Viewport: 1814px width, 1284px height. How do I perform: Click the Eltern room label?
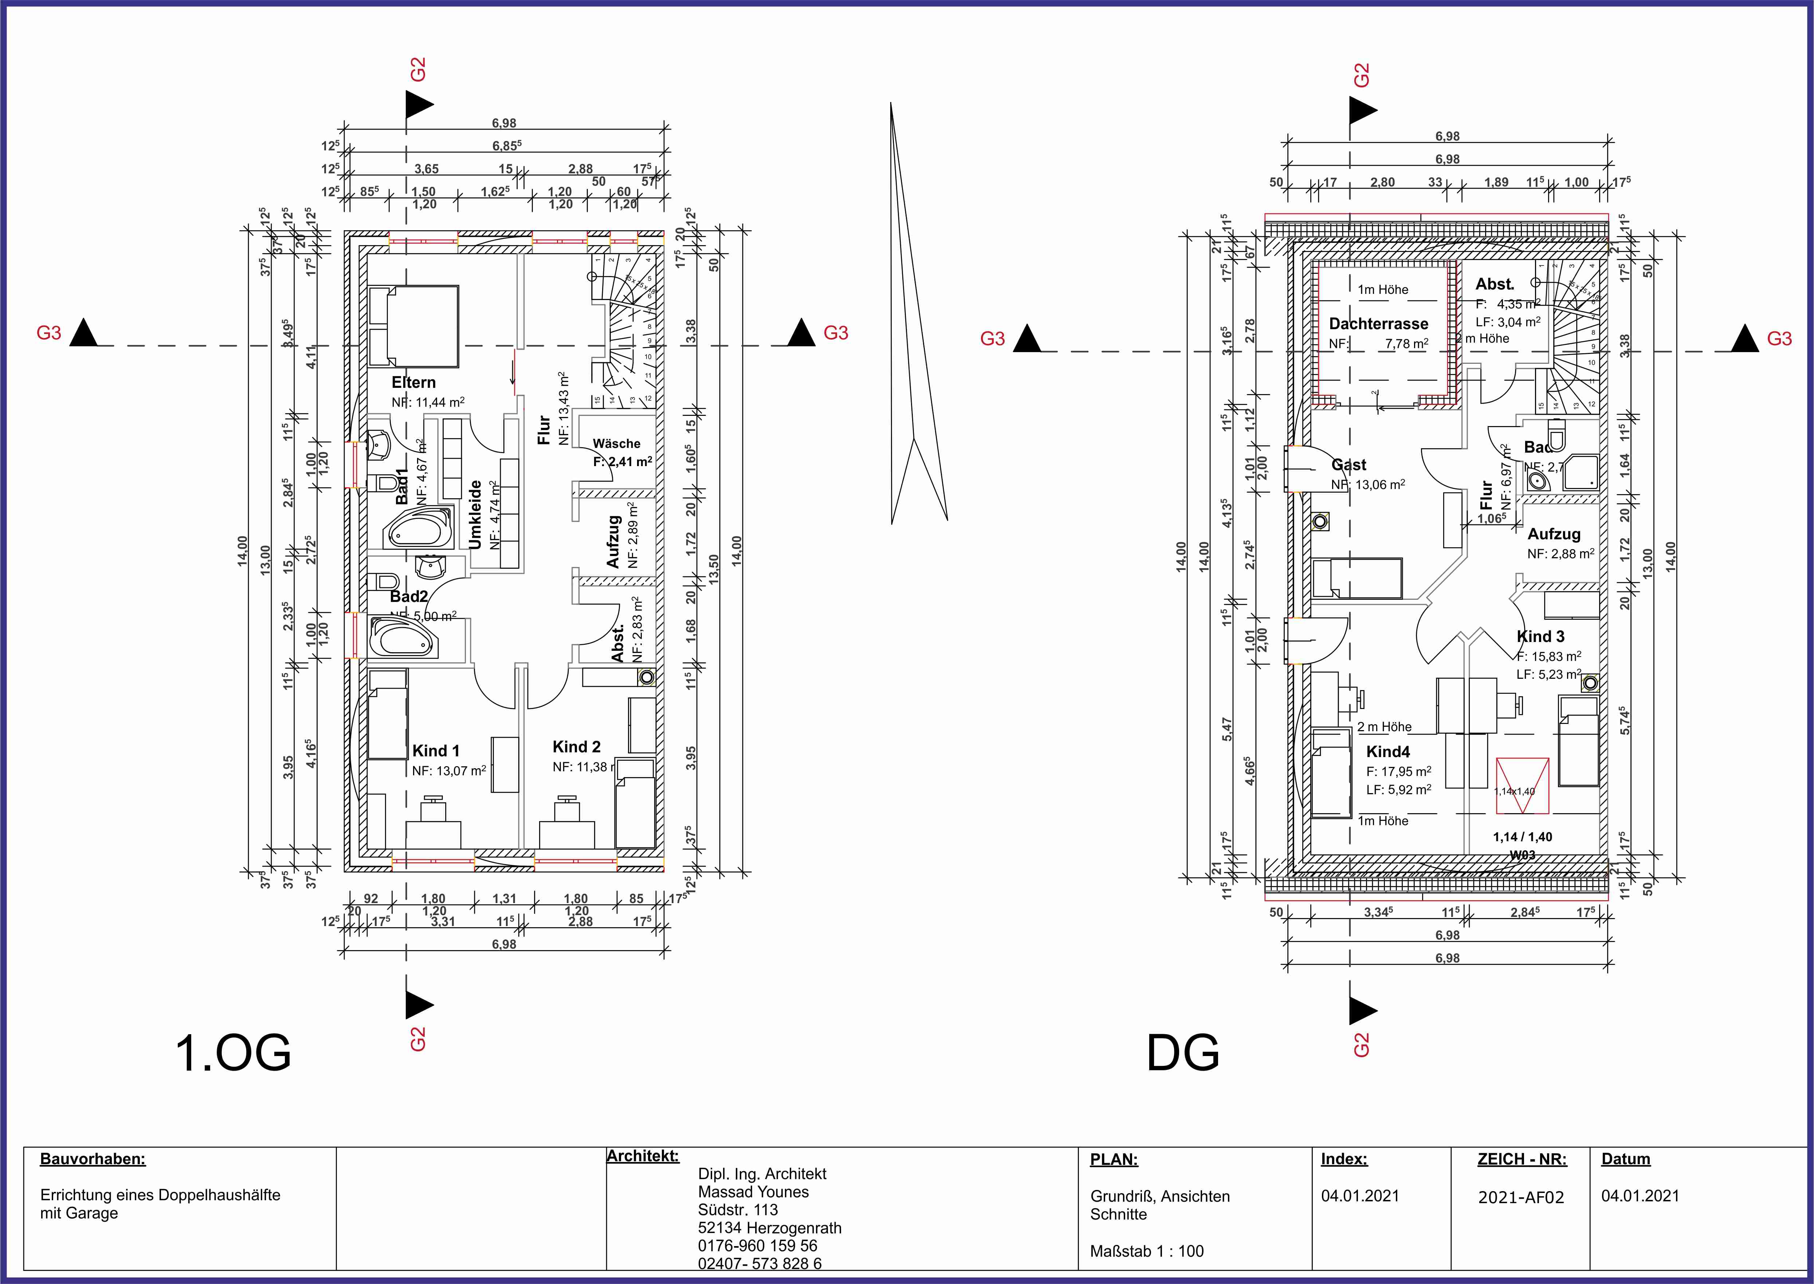coord(413,383)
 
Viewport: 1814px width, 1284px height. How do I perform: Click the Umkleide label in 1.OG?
coord(475,514)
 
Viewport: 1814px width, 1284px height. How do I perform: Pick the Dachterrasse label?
coord(1378,323)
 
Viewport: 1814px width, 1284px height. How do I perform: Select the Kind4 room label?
coord(1388,752)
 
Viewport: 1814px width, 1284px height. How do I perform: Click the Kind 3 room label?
coord(1540,637)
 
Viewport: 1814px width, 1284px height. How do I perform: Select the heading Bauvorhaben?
coord(93,1159)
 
